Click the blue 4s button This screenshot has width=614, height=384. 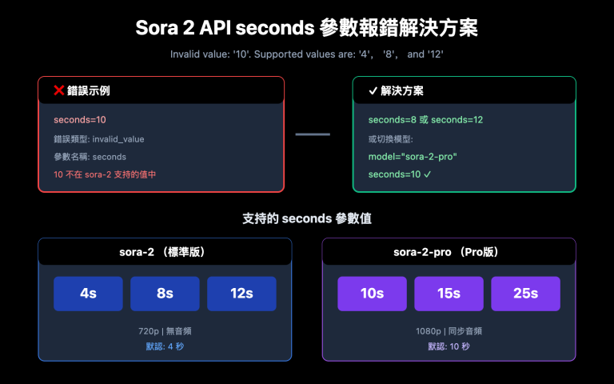(x=88, y=294)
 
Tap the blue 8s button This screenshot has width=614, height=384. (x=165, y=294)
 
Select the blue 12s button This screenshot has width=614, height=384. (x=241, y=294)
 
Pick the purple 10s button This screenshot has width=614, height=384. (x=372, y=294)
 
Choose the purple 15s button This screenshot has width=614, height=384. (x=449, y=294)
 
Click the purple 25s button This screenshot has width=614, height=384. (x=525, y=294)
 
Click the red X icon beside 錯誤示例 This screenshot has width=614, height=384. (x=58, y=91)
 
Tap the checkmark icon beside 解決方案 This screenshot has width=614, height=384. (x=373, y=91)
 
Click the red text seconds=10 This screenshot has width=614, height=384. (x=80, y=120)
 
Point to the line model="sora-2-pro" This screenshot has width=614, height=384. (x=413, y=157)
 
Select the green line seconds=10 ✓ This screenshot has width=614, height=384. (x=400, y=174)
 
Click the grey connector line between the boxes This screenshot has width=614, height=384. (x=313, y=134)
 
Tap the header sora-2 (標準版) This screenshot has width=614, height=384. (x=164, y=251)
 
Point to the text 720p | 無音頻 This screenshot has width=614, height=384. (x=165, y=330)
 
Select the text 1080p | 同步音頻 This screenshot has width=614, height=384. (x=449, y=330)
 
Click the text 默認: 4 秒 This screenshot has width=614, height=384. (x=165, y=346)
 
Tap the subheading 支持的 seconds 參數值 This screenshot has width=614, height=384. (x=307, y=218)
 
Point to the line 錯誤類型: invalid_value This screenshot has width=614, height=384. (x=99, y=139)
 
